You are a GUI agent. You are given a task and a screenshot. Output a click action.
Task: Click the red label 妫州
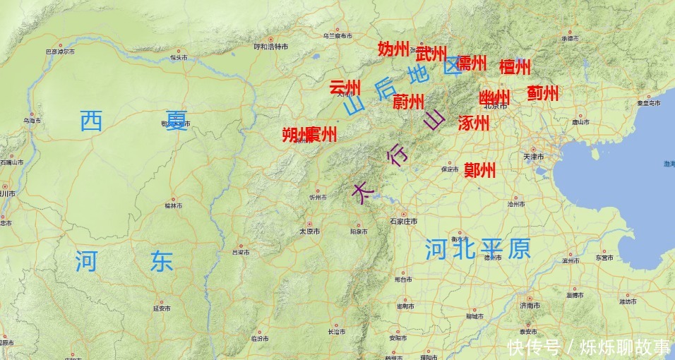pyautogui.click(x=394, y=49)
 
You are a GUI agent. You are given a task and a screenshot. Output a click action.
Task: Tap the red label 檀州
pyautogui.click(x=515, y=67)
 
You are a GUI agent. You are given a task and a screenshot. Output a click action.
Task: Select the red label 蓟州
pyautogui.click(x=542, y=93)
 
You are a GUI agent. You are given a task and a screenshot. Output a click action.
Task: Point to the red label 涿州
pyautogui.click(x=473, y=123)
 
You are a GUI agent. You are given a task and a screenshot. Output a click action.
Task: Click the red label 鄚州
pyautogui.click(x=479, y=170)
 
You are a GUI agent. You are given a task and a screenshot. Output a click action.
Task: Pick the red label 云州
pyautogui.click(x=345, y=88)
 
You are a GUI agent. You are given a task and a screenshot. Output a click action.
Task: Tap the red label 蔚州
pyautogui.click(x=408, y=102)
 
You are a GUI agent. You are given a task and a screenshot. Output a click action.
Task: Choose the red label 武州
pyautogui.click(x=431, y=54)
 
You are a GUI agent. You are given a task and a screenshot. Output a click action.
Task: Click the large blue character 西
pyautogui.click(x=91, y=121)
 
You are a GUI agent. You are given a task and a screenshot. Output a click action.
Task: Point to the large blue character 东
pyautogui.click(x=161, y=262)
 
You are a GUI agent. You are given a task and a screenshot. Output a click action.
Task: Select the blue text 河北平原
pyautogui.click(x=477, y=249)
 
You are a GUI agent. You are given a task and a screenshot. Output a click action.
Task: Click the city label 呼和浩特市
pyautogui.click(x=271, y=47)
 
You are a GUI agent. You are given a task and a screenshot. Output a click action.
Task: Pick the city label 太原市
pyautogui.click(x=309, y=231)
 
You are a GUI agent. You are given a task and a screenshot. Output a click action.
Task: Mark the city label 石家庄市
pyautogui.click(x=404, y=221)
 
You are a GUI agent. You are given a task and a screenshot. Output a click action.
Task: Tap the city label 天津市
pyautogui.click(x=533, y=156)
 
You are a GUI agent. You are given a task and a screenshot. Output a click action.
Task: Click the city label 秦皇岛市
pyautogui.click(x=648, y=103)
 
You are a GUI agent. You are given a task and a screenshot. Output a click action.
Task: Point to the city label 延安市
pyautogui.click(x=162, y=308)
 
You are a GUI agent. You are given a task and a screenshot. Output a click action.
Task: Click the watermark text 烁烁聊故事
pyautogui.click(x=625, y=347)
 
